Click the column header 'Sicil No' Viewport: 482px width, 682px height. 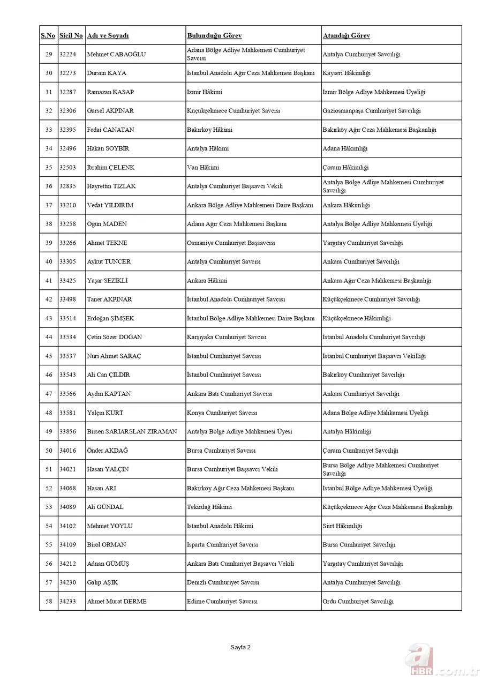(71, 36)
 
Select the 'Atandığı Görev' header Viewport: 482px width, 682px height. (346, 36)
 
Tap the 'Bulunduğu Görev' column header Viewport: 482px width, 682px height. (214, 36)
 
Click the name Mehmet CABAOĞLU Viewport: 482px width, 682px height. (116, 54)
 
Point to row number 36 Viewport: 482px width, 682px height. (49, 186)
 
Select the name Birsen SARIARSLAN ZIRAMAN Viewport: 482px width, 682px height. (132, 431)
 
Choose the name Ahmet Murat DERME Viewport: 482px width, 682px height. (117, 601)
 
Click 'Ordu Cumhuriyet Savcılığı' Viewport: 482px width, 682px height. (358, 601)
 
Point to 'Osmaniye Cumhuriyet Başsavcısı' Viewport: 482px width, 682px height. (231, 243)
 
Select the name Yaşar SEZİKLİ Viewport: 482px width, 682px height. (107, 281)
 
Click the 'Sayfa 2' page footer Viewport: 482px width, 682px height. (240, 647)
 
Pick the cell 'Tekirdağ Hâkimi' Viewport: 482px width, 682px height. (209, 507)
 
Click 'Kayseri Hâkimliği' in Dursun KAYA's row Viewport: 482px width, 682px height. (347, 73)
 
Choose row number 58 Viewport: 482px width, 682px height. (49, 601)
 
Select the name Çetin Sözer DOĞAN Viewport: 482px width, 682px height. (115, 337)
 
